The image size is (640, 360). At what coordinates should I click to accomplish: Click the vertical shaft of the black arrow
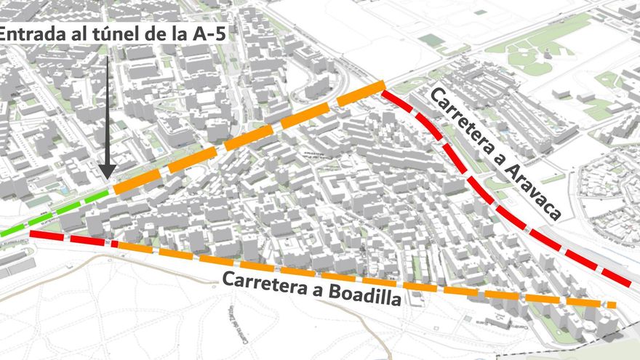click(107, 109)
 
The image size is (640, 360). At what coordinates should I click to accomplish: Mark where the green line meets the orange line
click(112, 192)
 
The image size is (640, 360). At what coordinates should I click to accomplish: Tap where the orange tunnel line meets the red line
click(383, 89)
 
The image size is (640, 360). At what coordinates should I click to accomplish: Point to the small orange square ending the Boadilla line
click(612, 305)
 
